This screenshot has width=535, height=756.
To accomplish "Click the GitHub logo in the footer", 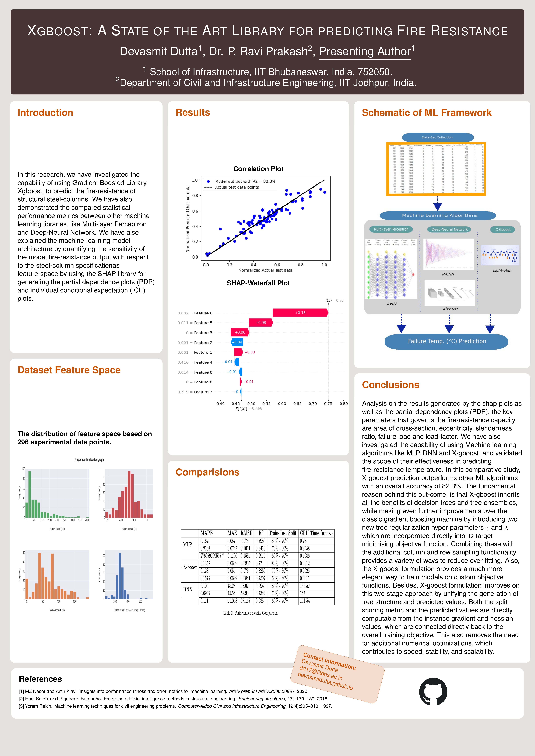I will click(x=433, y=692).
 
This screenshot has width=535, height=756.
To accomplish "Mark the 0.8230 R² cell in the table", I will click(x=260, y=571).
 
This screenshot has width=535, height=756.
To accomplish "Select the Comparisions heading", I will click(x=207, y=472).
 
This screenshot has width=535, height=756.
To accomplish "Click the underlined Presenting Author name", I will click(x=365, y=52).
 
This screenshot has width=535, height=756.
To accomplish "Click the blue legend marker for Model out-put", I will click(x=208, y=181).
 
